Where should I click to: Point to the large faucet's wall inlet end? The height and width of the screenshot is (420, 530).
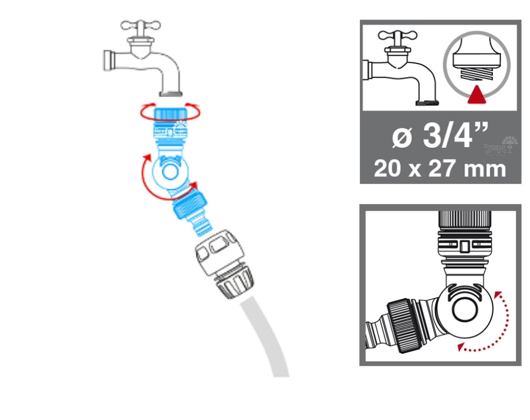107,60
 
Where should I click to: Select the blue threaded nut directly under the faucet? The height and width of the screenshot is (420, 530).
171,114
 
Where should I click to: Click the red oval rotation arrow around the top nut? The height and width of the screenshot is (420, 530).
145,113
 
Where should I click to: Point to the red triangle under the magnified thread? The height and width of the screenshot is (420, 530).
476,97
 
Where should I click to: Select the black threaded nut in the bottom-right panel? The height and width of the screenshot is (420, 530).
400,323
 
